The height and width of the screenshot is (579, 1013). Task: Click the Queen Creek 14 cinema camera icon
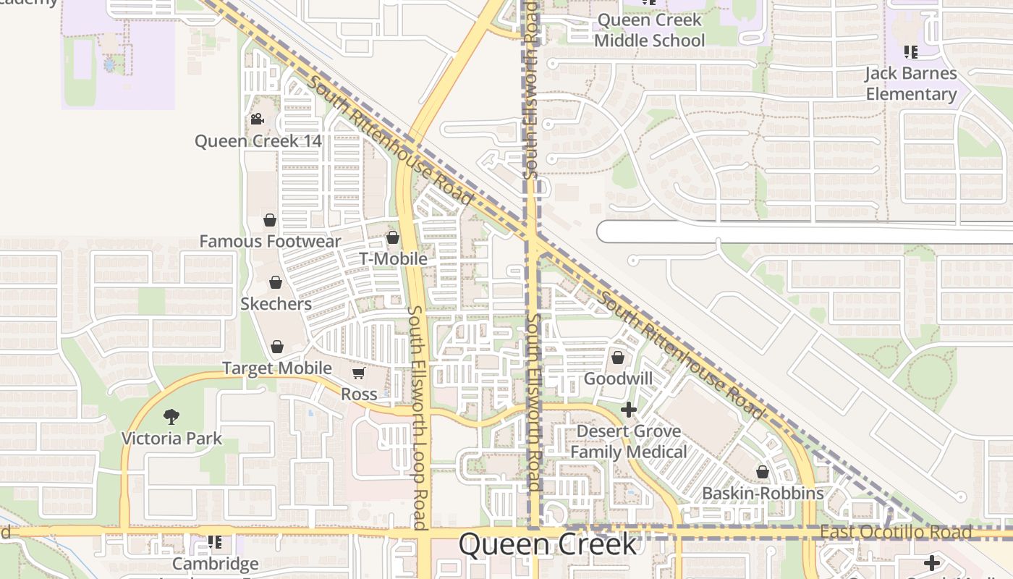[x=257, y=119]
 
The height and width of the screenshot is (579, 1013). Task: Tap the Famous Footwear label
[x=270, y=241]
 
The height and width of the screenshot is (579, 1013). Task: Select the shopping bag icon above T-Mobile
[x=393, y=237]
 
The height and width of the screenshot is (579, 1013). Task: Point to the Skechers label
[x=276, y=303]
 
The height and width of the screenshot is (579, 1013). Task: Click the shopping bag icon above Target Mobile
[x=276, y=347]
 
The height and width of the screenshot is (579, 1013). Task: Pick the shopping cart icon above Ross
[x=358, y=373]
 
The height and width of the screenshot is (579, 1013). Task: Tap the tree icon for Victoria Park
[x=171, y=416]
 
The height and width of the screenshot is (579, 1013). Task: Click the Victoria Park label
[x=171, y=438]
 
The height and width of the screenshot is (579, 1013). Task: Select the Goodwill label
[x=618, y=379]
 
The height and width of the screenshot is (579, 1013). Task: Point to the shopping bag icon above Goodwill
[x=618, y=358]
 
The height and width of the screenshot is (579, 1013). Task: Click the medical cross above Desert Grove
[x=629, y=410]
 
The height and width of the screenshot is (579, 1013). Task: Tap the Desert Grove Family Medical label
[x=629, y=441]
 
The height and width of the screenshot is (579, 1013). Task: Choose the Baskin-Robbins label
[x=763, y=493]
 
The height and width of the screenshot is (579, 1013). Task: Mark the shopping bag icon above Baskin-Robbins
[x=763, y=473]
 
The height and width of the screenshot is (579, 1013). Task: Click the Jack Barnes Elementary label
[x=911, y=83]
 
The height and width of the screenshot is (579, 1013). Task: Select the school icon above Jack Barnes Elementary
[x=911, y=52]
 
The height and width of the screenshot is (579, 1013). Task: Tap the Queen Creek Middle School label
[x=649, y=30]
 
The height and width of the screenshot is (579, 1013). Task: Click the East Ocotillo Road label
[x=896, y=533]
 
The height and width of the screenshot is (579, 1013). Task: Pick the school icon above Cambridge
[x=215, y=541]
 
